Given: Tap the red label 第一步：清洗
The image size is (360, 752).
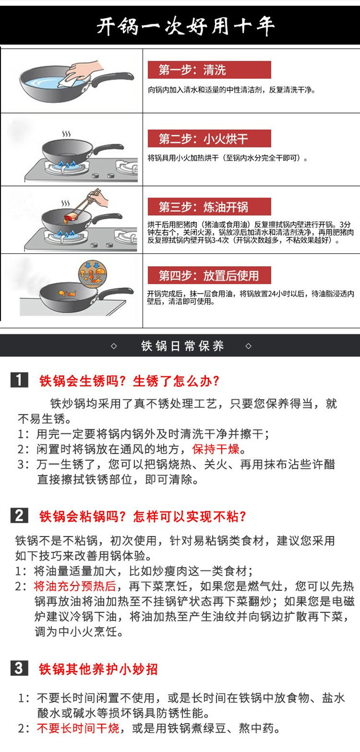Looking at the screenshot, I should pos(209,70).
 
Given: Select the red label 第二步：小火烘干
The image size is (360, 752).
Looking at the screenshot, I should pos(209,139).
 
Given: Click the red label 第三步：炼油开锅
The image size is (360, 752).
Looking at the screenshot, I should pos(209,207).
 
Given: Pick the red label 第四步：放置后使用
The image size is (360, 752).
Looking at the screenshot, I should pos(209,275).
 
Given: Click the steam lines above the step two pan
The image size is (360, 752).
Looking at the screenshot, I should pos(67,134).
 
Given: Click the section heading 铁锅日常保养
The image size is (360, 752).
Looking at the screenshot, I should pos(182,346).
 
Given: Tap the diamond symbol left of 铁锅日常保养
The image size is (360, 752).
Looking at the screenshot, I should pos(114,346).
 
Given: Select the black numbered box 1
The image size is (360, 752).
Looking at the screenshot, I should pos(19,380).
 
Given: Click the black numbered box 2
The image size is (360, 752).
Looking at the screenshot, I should pos(19,515).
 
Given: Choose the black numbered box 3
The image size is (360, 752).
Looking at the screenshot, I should pos(19,668).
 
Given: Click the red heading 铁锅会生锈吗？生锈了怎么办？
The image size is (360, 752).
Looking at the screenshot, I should pos(129,381).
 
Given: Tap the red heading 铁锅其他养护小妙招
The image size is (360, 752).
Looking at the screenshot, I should pos(98,669).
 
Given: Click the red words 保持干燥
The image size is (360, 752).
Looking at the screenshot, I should pos(216,449).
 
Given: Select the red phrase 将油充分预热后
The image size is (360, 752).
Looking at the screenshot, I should pos(75,586).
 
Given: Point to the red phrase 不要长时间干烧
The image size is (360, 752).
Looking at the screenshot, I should pos(78,728).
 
